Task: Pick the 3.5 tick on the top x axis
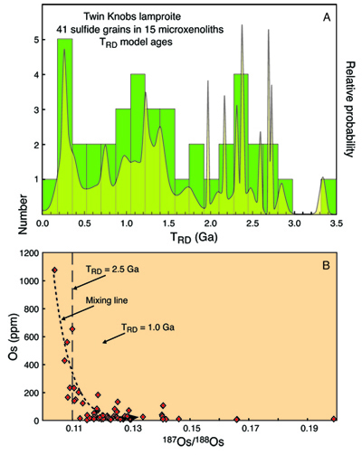[x=335, y=222]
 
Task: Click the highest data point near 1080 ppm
[x=54, y=270]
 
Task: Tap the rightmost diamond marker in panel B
[x=334, y=419]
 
